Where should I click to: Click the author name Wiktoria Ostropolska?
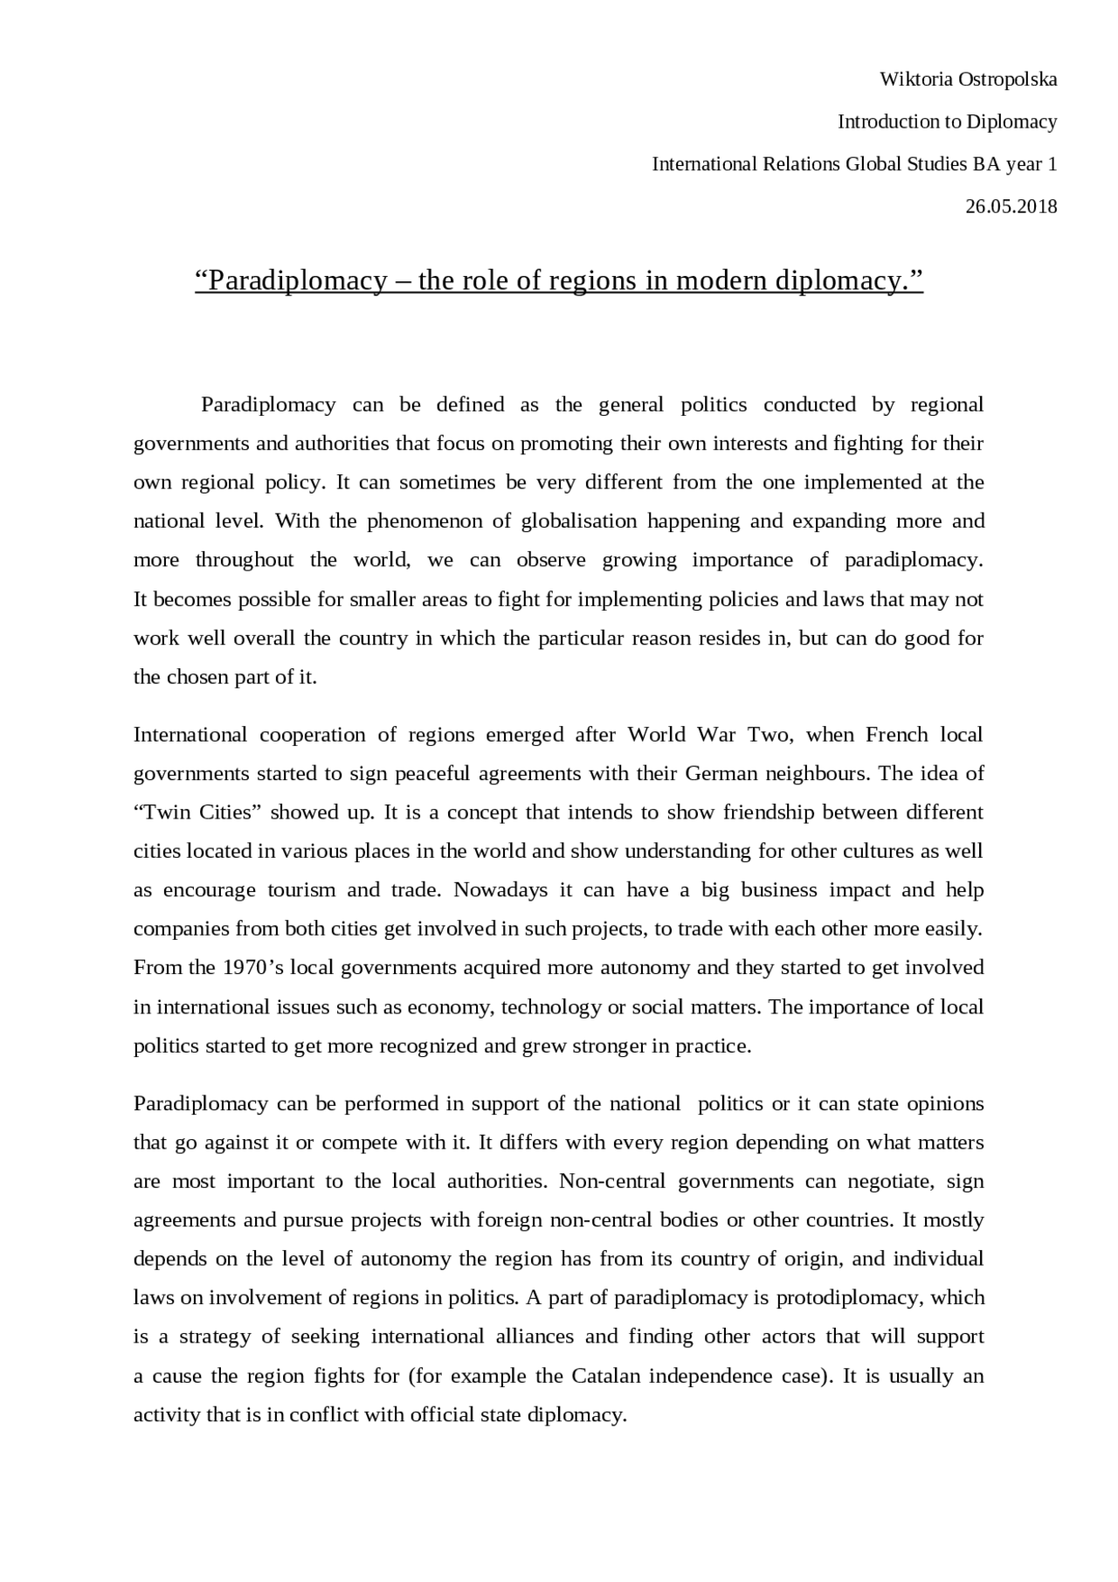[968, 79]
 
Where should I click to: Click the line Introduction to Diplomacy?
[947, 121]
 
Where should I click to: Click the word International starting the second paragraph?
[190, 735]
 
